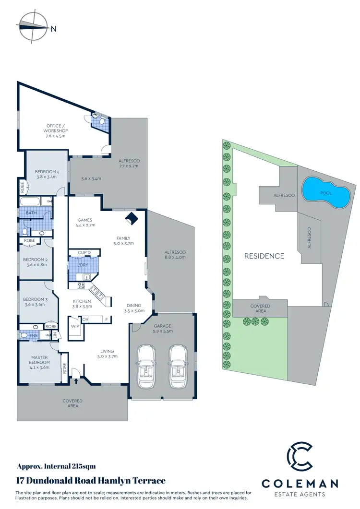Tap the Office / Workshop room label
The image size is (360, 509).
pos(56,131)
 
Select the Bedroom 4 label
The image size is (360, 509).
pos(47,174)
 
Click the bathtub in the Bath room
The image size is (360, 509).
pos(29,201)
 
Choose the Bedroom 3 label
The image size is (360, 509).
pos(34,302)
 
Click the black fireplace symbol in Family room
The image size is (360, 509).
pos(130,219)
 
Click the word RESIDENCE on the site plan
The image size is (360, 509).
pos(264,256)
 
